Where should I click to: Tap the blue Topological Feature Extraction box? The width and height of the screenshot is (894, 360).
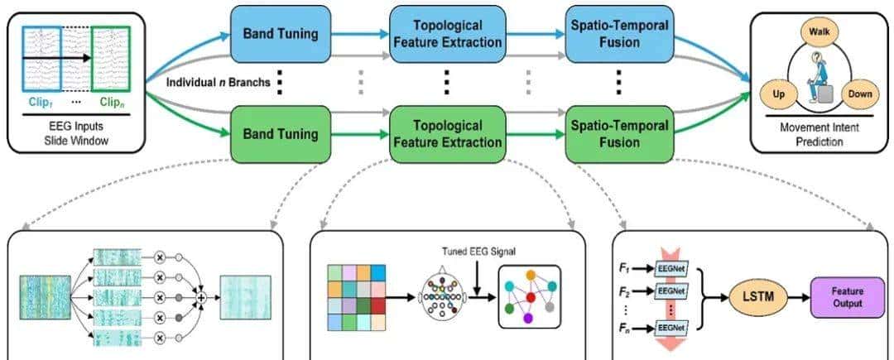click(x=446, y=35)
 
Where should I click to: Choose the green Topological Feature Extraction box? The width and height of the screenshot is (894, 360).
click(x=446, y=133)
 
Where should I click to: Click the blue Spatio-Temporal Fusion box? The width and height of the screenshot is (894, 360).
click(x=617, y=35)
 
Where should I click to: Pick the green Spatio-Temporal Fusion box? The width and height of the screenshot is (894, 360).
click(x=617, y=133)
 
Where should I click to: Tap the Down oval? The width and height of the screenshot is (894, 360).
click(x=858, y=94)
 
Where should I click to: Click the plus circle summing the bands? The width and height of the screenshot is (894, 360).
click(x=199, y=295)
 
